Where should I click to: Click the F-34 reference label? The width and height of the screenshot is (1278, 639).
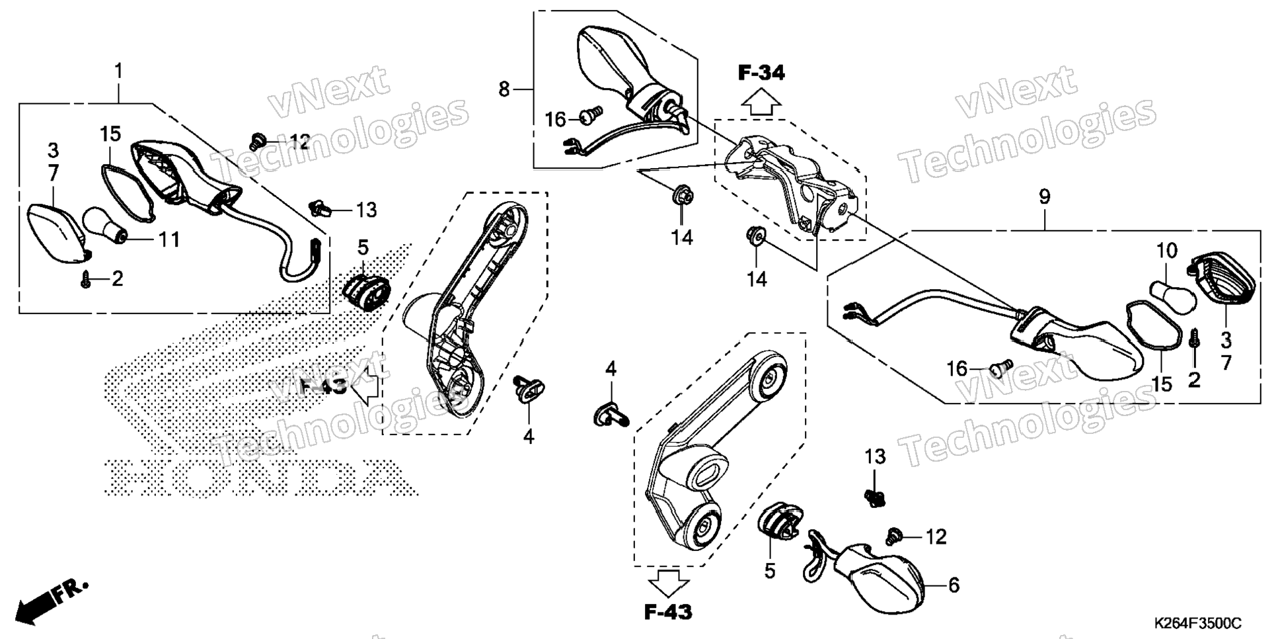point(761,73)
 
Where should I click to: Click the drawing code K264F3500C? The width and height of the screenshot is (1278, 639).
point(1197,624)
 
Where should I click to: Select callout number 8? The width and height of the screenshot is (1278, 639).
point(504,89)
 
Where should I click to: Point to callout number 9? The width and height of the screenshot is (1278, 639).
point(1044,196)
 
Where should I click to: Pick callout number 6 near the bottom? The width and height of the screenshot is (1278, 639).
point(954,585)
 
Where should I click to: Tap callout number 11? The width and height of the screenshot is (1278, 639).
point(169,239)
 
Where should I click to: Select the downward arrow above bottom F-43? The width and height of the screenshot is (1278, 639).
point(668,584)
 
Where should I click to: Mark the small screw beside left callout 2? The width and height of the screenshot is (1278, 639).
point(85,280)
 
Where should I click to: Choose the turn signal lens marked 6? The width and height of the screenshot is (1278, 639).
point(879,577)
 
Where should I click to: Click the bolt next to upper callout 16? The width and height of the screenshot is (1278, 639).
point(591,116)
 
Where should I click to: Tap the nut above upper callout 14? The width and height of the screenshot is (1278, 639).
point(682,196)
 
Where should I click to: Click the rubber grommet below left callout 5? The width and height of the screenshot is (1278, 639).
point(367,292)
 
